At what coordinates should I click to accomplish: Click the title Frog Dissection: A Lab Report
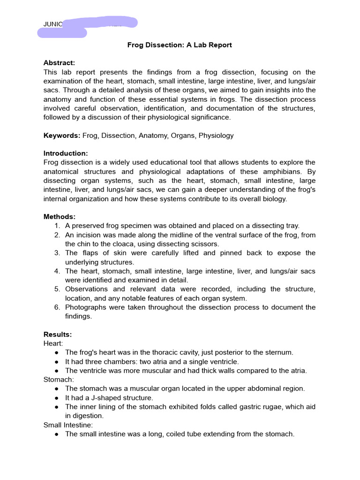point(180,45)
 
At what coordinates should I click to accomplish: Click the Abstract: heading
point(59,63)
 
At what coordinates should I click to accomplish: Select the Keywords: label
point(62,135)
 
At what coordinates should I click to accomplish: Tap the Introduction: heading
point(66,153)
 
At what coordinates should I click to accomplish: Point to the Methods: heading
point(60,217)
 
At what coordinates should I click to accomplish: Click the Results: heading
point(58,334)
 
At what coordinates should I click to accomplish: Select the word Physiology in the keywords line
point(216,135)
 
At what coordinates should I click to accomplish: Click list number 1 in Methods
point(57,226)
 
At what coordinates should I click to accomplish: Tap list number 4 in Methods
point(57,271)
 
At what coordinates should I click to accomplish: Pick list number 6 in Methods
point(57,307)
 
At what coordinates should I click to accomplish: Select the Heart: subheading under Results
point(52,344)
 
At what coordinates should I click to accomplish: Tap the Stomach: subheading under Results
point(57,379)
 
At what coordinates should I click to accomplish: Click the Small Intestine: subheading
point(68,425)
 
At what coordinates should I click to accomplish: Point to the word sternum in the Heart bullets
point(279,352)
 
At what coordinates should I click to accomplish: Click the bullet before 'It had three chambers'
point(56,362)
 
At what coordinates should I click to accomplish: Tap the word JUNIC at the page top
point(53,24)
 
